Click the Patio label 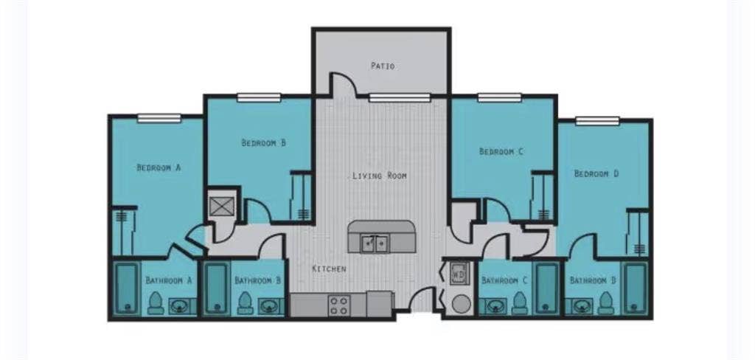coord(383,66)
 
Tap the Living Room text coord(380,176)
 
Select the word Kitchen coord(329,269)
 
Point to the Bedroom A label coord(159,167)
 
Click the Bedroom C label coord(501,151)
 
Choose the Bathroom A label coord(169,280)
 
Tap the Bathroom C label coord(504,280)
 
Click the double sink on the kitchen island coord(375,244)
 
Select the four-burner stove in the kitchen coord(338,305)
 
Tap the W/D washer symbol coord(458,273)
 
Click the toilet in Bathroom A coord(156,302)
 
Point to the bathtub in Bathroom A coord(127,288)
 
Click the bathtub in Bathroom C coord(548,288)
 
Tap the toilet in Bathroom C coord(519,302)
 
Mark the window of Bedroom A coord(159,118)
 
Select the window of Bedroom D coord(597,121)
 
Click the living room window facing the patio coord(400,98)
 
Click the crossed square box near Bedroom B coord(221,207)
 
